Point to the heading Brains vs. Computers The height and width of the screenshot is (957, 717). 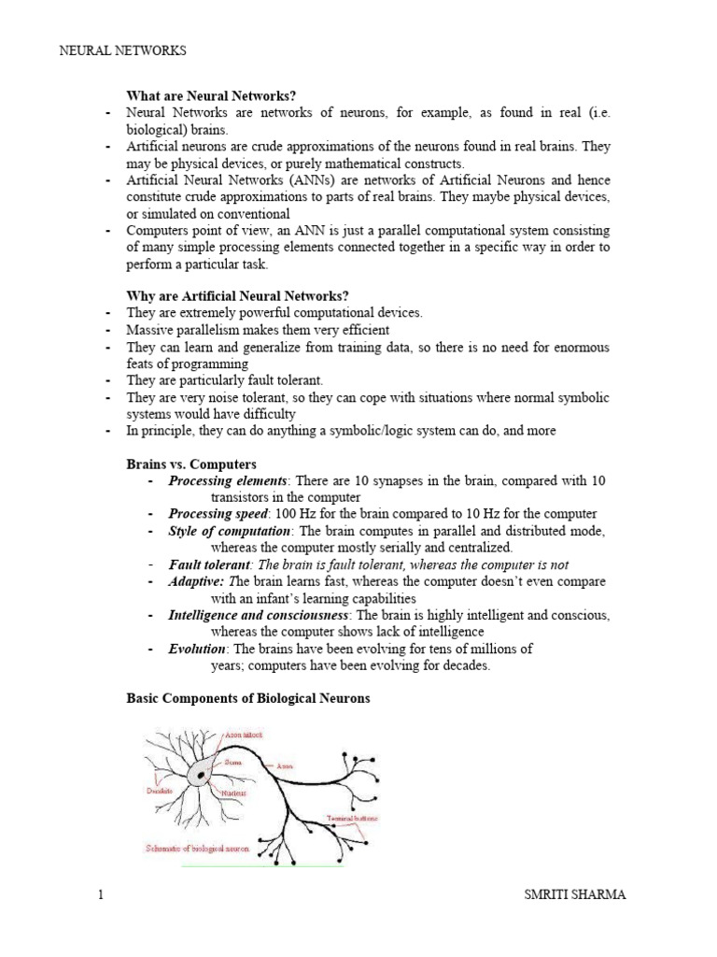pos(191,464)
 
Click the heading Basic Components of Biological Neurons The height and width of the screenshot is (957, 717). pos(248,699)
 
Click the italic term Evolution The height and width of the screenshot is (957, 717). pos(197,649)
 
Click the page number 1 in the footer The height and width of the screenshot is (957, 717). pos(100,896)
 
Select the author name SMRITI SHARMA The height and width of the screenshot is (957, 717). pos(576,896)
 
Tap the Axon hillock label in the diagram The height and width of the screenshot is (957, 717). pos(245,736)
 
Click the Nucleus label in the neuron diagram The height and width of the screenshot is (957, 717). pos(233,793)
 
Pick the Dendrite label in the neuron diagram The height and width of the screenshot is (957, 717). pos(162,790)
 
